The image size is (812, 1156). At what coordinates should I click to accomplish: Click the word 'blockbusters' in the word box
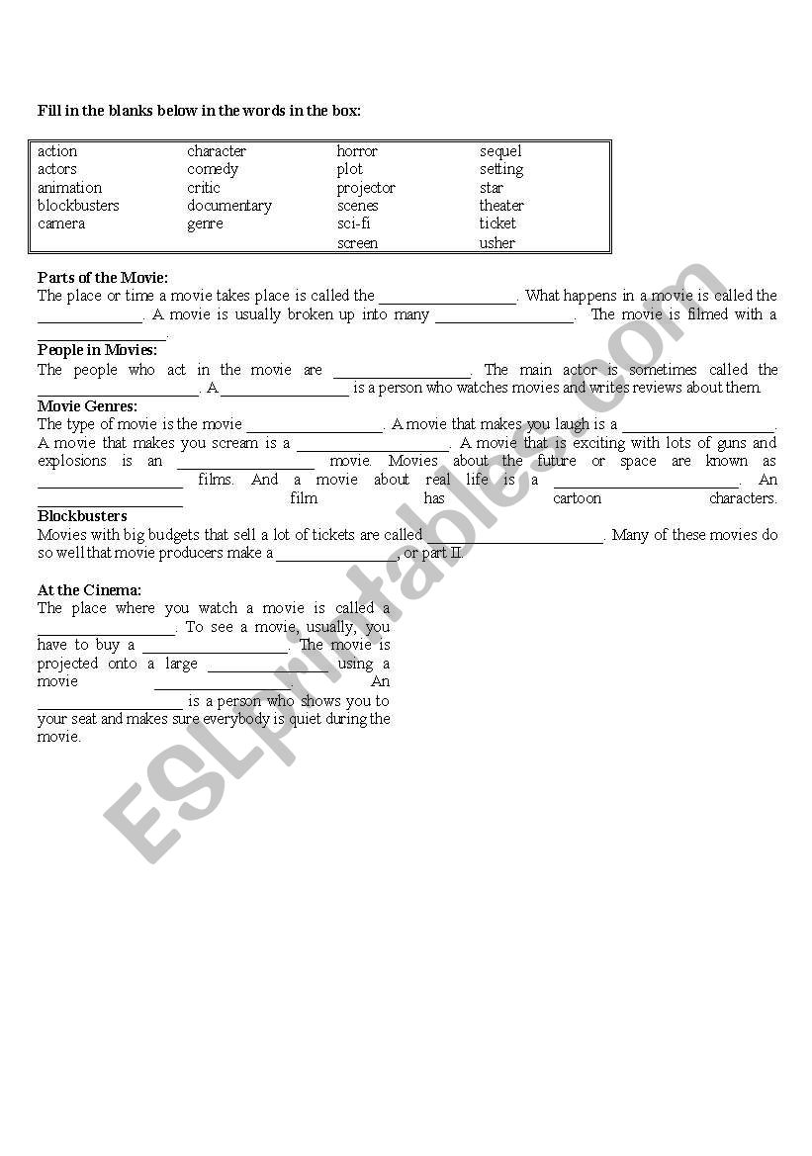point(78,206)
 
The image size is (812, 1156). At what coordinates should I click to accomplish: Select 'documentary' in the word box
point(229,206)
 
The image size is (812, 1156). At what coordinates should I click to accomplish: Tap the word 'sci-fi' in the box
point(353,223)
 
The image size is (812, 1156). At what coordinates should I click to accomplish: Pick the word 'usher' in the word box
point(496,242)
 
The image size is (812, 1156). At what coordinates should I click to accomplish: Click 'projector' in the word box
point(365,188)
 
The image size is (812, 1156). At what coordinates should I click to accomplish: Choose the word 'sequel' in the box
point(500,151)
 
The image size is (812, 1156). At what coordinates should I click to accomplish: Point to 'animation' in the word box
point(69,188)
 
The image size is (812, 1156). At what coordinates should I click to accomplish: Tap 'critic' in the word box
point(204,188)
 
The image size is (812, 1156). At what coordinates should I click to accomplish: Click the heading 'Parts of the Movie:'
point(103,278)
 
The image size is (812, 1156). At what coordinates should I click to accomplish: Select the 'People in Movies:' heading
point(97,350)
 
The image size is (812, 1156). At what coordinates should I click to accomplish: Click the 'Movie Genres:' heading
point(87,405)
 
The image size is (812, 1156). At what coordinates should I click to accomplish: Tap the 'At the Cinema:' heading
point(89,590)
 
